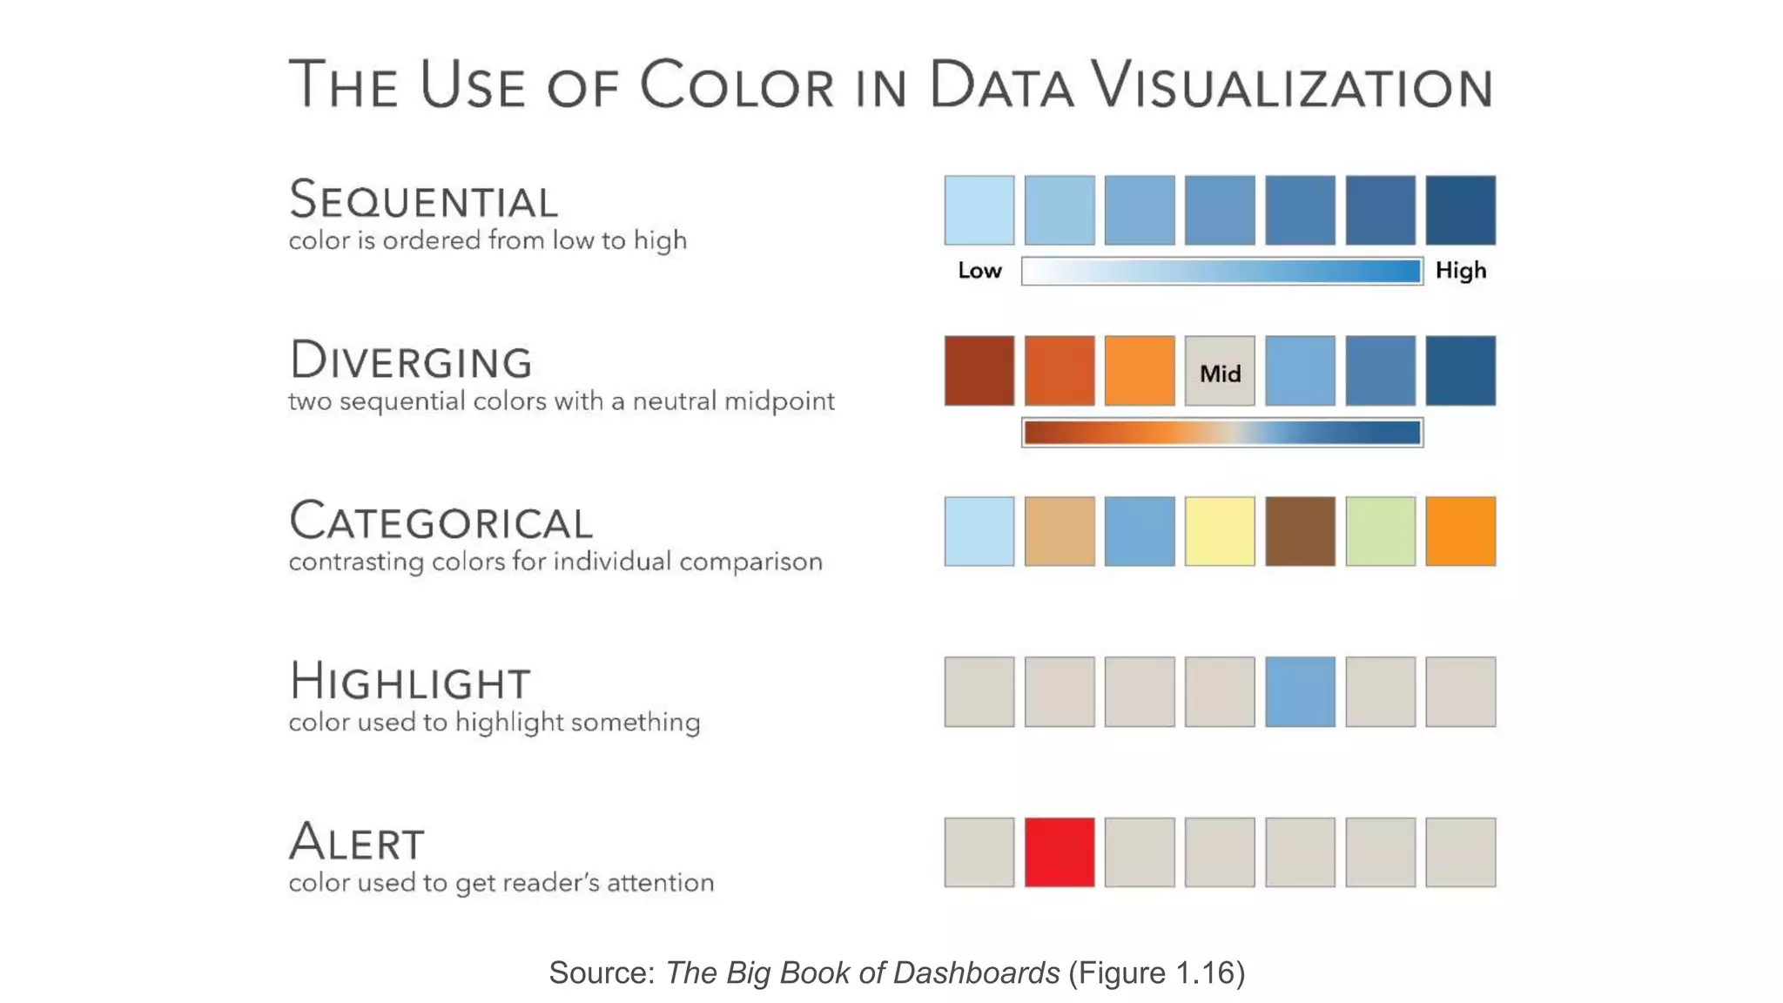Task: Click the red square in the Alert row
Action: pyautogui.click(x=1060, y=852)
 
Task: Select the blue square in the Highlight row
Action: pyautogui.click(x=1300, y=692)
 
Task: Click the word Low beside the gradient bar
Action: pyautogui.click(x=979, y=271)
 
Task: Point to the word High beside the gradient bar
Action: pyautogui.click(x=1461, y=271)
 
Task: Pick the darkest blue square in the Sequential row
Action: pyautogui.click(x=1461, y=210)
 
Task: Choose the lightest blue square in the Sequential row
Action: pyautogui.click(x=979, y=210)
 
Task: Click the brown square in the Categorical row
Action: pyautogui.click(x=1300, y=531)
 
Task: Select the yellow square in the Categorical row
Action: pyautogui.click(x=1220, y=531)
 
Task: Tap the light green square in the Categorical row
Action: pyautogui.click(x=1381, y=531)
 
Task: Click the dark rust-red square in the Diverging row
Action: pyautogui.click(x=979, y=371)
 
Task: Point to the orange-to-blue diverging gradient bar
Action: pyautogui.click(x=1222, y=433)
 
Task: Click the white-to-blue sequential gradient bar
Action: pyautogui.click(x=1222, y=272)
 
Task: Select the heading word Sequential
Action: pyautogui.click(x=423, y=200)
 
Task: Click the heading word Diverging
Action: pyautogui.click(x=411, y=360)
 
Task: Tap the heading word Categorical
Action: pyautogui.click(x=441, y=522)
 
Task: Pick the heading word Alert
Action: pyautogui.click(x=357, y=842)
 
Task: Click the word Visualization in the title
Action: pyautogui.click(x=1292, y=85)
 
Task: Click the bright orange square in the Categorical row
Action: pyautogui.click(x=1461, y=531)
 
